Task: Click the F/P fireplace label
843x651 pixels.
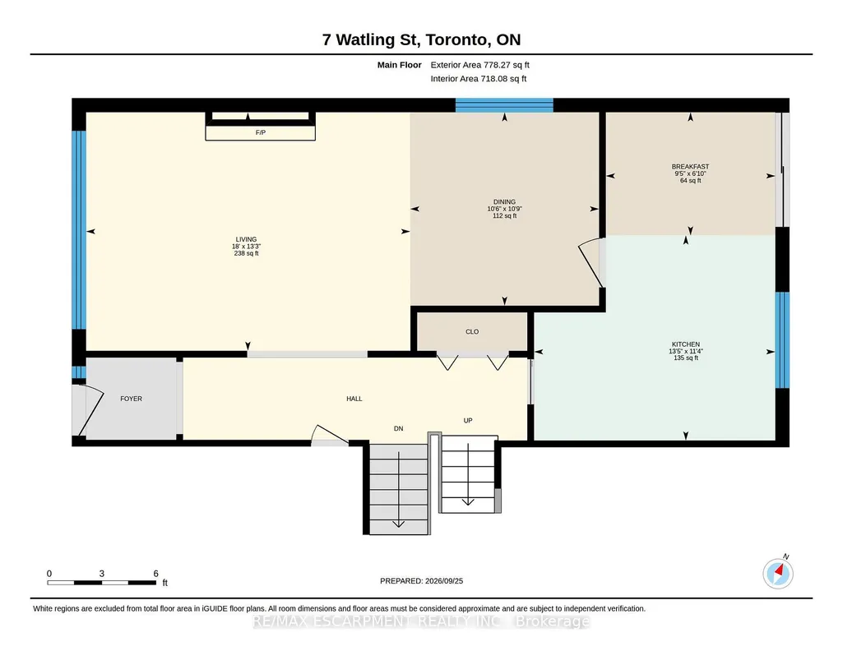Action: [x=260, y=132]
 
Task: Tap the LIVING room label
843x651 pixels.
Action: [x=246, y=239]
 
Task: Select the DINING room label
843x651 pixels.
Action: [x=504, y=202]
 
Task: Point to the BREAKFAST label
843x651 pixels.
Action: [x=690, y=167]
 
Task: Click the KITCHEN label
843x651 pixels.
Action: [x=686, y=344]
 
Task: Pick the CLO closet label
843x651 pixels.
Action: [x=472, y=332]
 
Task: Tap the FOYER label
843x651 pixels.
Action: [x=132, y=399]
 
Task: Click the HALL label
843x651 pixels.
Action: [x=354, y=399]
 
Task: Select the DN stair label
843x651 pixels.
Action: [x=398, y=428]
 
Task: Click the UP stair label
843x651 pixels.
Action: [x=468, y=421]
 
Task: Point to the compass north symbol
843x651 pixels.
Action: [x=778, y=573]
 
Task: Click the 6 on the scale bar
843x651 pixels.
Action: [x=156, y=574]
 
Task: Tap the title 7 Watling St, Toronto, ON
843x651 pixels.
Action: [x=421, y=39]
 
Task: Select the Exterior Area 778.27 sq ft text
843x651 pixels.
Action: [x=480, y=65]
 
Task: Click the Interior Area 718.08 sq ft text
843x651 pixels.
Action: [x=479, y=78]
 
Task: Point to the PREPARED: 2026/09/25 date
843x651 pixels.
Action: [x=421, y=580]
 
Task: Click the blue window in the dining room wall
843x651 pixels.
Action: [x=504, y=104]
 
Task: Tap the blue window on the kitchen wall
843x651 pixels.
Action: [x=782, y=340]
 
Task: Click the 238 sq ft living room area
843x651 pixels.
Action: [x=246, y=253]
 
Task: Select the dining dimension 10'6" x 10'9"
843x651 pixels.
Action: [x=504, y=209]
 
